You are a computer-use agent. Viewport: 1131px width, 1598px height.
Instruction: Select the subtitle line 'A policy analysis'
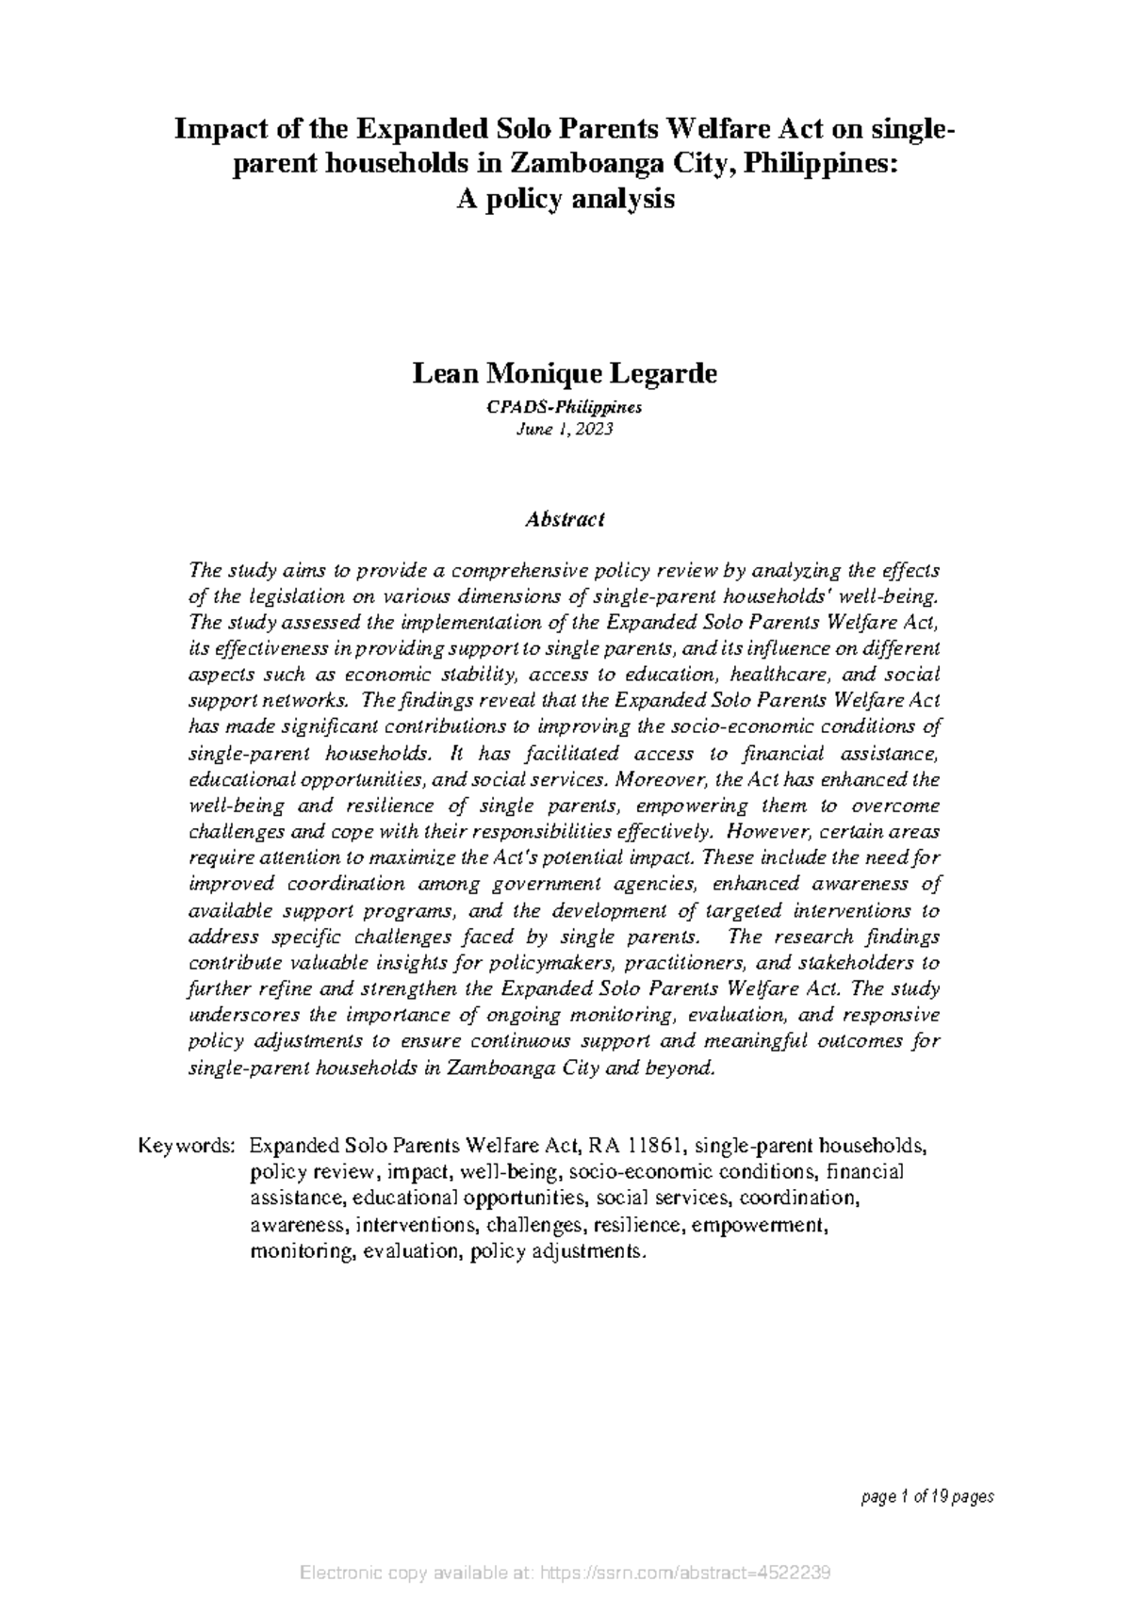(565, 199)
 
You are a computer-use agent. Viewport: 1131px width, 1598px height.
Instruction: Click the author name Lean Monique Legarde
(565, 374)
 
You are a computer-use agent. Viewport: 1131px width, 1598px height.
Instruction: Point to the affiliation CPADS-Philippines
(565, 408)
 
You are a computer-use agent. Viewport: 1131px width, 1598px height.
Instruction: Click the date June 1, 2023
(565, 430)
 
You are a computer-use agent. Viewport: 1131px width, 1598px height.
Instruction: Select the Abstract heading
(565, 519)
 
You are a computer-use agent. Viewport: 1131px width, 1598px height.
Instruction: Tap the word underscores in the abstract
(236, 1016)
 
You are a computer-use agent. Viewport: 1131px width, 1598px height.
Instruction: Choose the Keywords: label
(186, 1146)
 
